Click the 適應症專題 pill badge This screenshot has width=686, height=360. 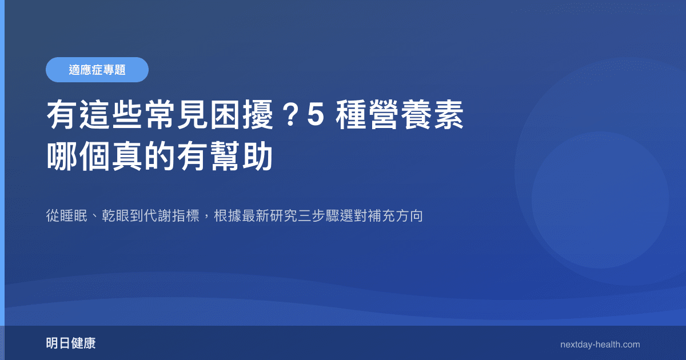[97, 70]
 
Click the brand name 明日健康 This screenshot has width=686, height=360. [71, 344]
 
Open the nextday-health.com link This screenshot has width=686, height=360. [600, 345]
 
